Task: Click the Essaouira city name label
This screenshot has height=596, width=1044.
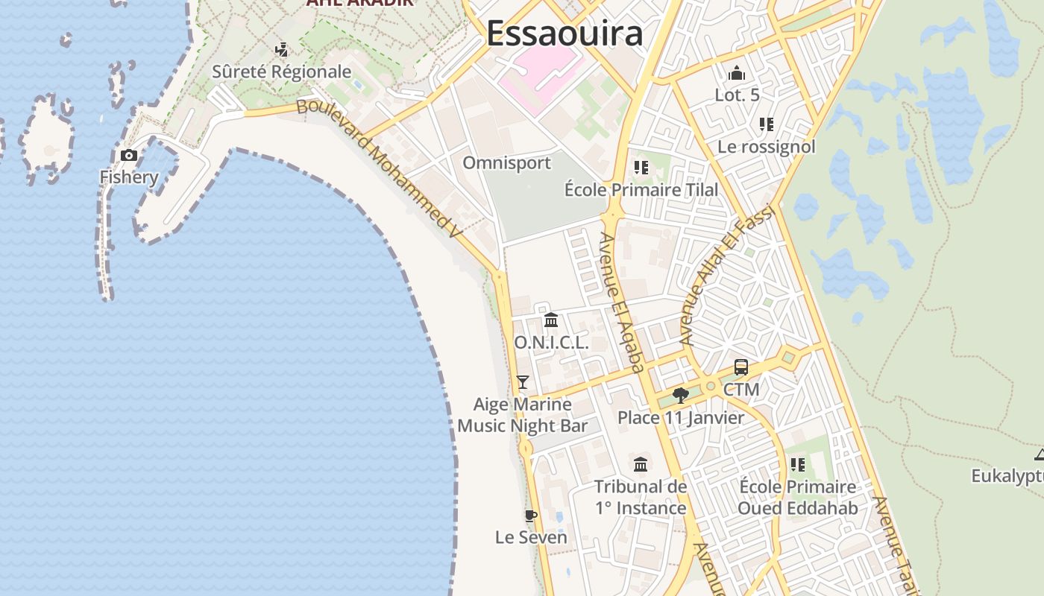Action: tap(565, 34)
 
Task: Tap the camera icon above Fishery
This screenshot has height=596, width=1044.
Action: tap(129, 155)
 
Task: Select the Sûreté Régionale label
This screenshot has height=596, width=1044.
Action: tap(281, 72)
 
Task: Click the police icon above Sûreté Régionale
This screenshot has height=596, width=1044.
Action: tap(282, 50)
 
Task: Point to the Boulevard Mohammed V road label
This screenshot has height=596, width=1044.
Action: tap(380, 168)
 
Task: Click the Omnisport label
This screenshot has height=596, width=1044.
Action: tap(506, 162)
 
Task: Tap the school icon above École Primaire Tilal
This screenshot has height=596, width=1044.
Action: tap(641, 168)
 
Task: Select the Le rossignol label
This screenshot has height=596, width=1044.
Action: tap(766, 147)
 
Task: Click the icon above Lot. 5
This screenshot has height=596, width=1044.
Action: tap(737, 73)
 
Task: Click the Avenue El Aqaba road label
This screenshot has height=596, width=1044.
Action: tap(622, 302)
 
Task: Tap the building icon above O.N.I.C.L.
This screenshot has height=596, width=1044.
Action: tap(551, 320)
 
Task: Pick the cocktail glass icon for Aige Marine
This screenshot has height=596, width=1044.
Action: tap(523, 382)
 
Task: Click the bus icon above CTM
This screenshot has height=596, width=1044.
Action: tap(741, 367)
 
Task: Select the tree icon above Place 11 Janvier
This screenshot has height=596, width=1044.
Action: tap(680, 395)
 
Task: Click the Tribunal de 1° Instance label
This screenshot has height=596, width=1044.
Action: tap(641, 498)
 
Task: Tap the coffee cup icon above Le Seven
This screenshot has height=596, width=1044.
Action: tap(531, 515)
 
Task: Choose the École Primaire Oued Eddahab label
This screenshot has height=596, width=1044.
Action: tap(797, 498)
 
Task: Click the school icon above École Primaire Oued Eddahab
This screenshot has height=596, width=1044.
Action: tap(798, 465)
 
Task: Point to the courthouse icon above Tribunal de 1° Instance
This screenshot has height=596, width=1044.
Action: tap(641, 465)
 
